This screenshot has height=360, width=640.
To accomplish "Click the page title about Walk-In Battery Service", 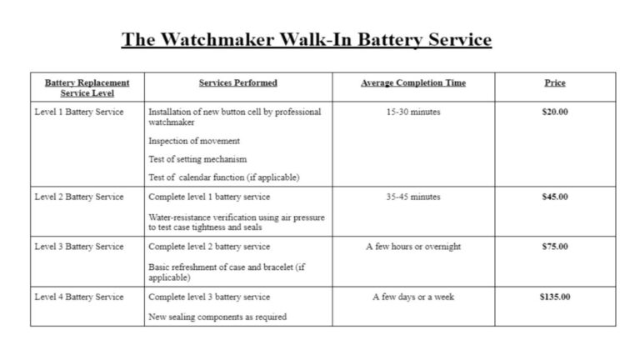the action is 307,40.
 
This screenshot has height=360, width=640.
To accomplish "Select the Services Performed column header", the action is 238,82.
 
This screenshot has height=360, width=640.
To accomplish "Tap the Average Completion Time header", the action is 413,82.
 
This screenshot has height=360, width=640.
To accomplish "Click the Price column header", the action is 555,82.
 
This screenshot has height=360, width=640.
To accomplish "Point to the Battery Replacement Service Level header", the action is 87,87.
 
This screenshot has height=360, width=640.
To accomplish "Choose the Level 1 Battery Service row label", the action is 79,112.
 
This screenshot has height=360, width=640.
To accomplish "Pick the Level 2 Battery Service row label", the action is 79,197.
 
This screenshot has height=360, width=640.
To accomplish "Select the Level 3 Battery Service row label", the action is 79,247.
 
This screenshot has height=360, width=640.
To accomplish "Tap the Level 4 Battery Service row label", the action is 79,297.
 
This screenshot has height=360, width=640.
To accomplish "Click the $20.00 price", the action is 555,112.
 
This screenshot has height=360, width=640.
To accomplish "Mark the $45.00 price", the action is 555,197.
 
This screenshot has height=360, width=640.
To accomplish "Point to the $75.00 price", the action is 555,247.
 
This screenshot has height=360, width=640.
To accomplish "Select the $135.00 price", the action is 555,297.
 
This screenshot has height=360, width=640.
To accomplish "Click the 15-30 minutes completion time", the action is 413,112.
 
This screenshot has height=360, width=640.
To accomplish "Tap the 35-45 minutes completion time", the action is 413,197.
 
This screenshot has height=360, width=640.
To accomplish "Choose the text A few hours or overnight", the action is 413,247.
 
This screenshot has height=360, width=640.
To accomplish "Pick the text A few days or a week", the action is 413,297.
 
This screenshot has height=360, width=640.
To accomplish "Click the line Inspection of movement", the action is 194,141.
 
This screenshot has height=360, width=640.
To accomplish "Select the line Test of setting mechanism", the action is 197,159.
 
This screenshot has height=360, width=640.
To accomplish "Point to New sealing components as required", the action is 217,317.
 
